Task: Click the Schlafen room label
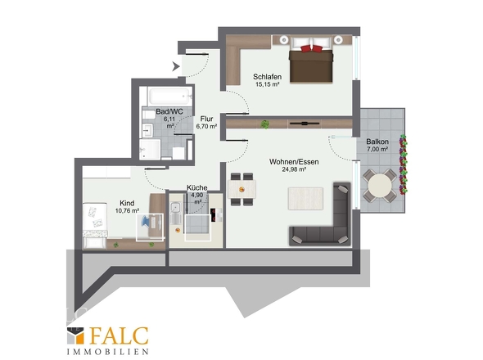click(267, 76)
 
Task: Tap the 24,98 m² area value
click(294, 169)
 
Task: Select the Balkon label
click(377, 142)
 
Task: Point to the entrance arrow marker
click(176, 66)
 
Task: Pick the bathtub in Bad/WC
click(169, 97)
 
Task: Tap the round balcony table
click(380, 186)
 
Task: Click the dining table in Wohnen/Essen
click(241, 189)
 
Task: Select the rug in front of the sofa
click(305, 199)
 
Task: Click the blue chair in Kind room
click(146, 222)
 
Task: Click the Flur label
click(206, 119)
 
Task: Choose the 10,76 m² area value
click(127, 210)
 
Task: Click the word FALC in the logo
click(119, 336)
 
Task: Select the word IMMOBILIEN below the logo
click(108, 351)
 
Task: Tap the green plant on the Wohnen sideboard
click(265, 124)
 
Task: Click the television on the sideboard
click(305, 124)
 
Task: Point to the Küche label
click(197, 187)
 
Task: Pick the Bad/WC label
click(169, 111)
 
